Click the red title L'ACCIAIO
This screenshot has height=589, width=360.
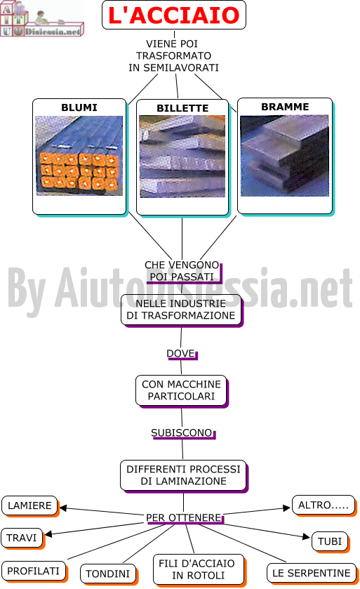pos(174,15)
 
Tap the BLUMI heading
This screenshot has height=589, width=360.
pos(79,108)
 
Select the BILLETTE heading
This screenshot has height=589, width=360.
pos(182,108)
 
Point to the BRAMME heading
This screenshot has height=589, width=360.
pos(285,107)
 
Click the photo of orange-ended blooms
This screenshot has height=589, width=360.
pos(79,156)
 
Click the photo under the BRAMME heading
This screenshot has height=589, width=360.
pos(284,156)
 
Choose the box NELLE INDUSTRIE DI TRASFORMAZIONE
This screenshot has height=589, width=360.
pos(181,310)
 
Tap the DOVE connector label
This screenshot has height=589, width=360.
pos(181,354)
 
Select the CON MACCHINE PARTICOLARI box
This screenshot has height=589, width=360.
pos(181,390)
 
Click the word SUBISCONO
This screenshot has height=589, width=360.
pos(182,432)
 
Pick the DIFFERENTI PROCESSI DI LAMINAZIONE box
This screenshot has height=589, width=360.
pos(183,475)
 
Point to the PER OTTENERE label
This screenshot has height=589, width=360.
pos(184,517)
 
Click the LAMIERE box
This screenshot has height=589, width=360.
pos(29,505)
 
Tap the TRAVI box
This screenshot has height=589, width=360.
pos(22,538)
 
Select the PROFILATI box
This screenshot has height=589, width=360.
pos(34,571)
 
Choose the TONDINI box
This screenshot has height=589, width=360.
pos(108,574)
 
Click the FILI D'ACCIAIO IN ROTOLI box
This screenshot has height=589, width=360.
pos(198,569)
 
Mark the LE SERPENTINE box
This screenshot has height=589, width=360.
pos(311,574)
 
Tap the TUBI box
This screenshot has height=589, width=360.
pos(330,541)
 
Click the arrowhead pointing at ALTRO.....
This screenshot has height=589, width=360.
pos(287,508)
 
